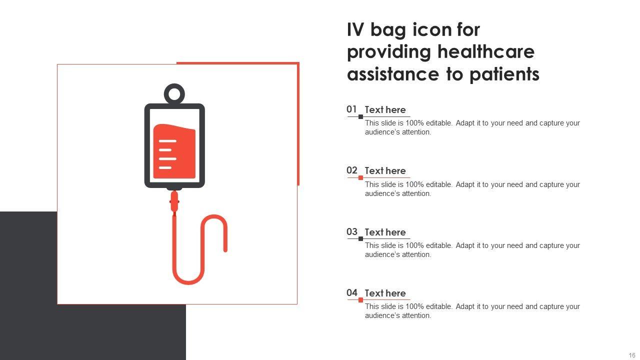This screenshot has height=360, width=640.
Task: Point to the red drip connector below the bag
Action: (x=174, y=201)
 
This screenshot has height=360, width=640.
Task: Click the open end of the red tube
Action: (x=225, y=250)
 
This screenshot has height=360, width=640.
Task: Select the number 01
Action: (x=351, y=109)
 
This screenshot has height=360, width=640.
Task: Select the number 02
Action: (x=351, y=170)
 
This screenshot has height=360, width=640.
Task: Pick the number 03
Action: (x=351, y=231)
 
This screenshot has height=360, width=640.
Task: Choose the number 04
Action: (x=351, y=292)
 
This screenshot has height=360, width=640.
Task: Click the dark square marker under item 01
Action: (x=361, y=116)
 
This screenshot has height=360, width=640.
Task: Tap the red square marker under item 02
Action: (x=361, y=177)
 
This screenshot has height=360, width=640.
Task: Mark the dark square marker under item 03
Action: (x=361, y=239)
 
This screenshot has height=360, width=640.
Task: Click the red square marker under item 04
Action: (x=361, y=300)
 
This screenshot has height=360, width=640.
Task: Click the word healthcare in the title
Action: (x=486, y=51)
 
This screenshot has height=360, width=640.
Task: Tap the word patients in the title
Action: (x=504, y=75)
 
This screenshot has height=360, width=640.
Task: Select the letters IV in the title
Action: (x=355, y=29)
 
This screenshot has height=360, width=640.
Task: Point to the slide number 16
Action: (x=632, y=355)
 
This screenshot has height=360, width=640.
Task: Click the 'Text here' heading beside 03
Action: (x=385, y=232)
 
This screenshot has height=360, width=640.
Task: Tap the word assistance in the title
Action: (x=393, y=74)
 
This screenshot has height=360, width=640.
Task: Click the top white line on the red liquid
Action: (x=167, y=141)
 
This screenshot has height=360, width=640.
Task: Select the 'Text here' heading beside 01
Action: (x=385, y=109)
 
